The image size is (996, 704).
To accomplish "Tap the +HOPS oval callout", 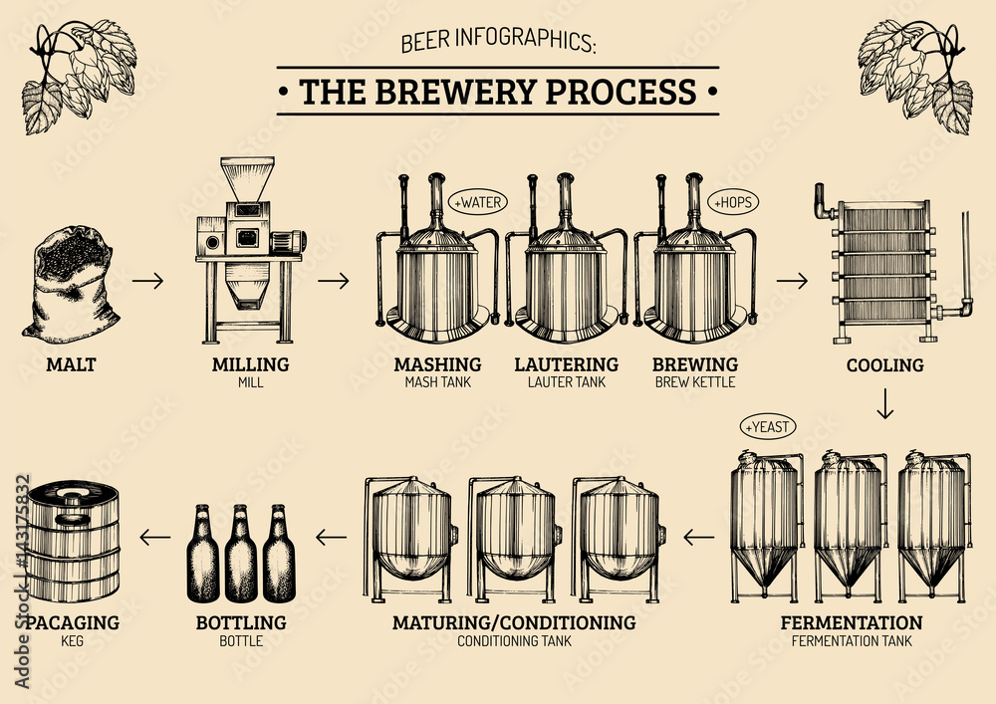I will (733, 202).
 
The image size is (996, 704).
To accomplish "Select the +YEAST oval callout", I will (768, 427).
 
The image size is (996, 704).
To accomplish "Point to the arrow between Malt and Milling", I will (148, 281).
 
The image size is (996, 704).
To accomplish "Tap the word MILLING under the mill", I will (250, 364).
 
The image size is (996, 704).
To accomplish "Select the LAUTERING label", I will (566, 364).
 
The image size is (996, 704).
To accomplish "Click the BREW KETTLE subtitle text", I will (695, 381).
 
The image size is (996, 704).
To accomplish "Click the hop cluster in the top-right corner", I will (914, 75).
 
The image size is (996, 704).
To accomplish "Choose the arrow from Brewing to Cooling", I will (792, 281).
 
